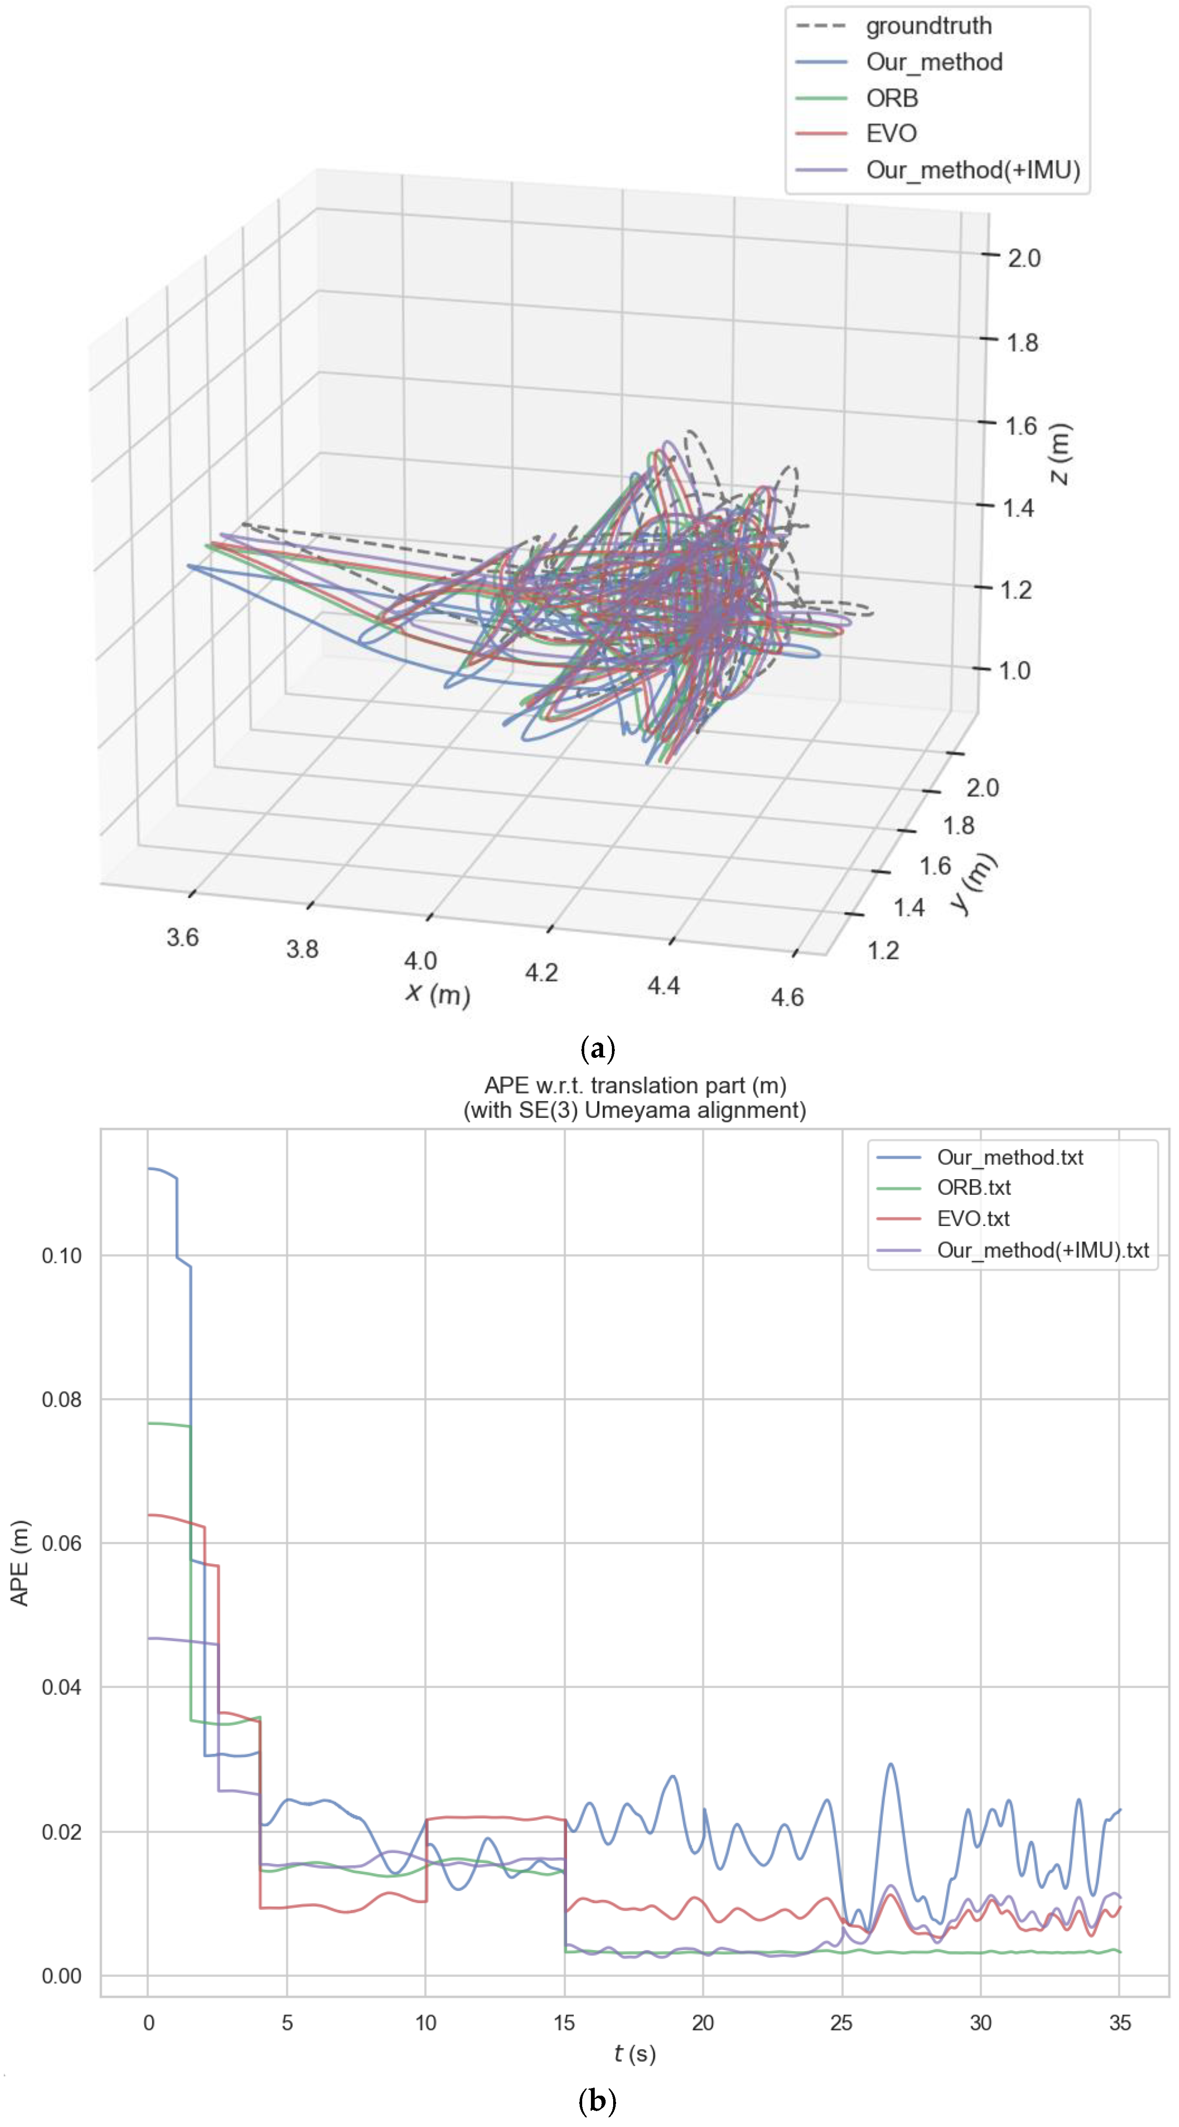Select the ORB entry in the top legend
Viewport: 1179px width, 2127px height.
click(x=892, y=98)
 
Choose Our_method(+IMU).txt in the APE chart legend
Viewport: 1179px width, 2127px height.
click(x=1042, y=1250)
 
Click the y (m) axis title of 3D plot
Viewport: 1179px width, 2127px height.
click(x=974, y=883)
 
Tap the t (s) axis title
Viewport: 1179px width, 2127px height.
click(x=634, y=2053)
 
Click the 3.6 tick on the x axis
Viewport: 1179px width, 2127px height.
click(x=182, y=937)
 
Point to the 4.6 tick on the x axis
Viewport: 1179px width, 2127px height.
click(x=787, y=998)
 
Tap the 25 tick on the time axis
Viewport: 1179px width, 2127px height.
click(x=841, y=2022)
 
